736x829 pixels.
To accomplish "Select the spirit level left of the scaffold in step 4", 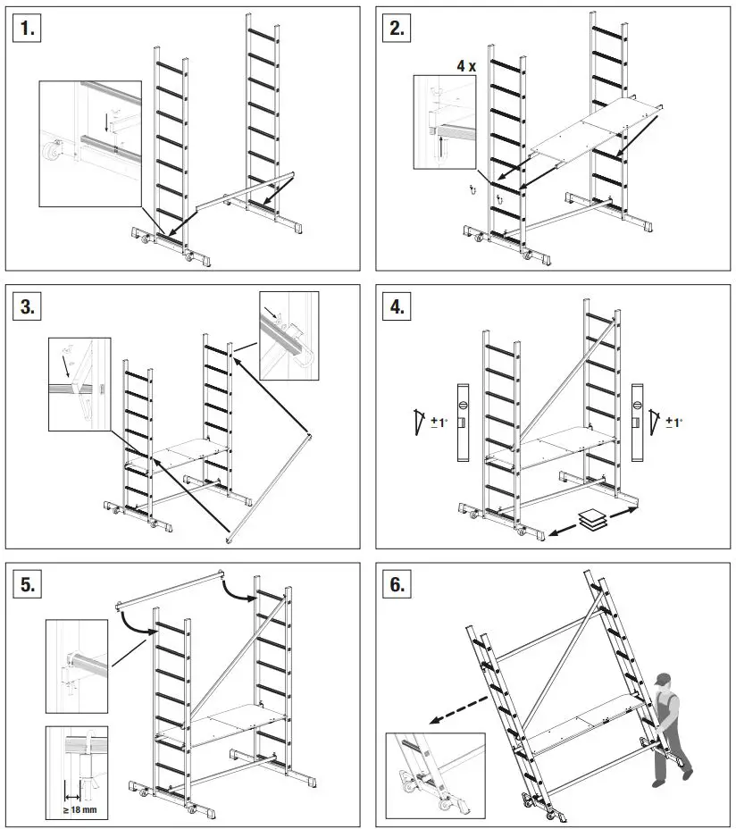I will (462, 422).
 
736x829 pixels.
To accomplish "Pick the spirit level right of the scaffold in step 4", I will (638, 422).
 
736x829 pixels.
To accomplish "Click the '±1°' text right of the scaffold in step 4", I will (673, 421).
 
